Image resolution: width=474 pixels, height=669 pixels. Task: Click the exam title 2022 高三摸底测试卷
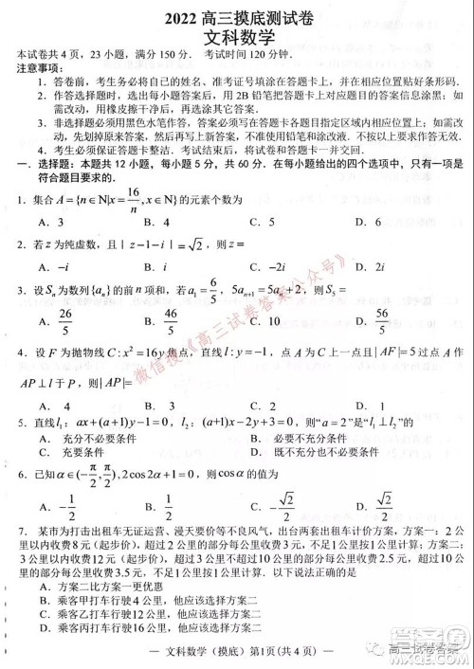click(237, 15)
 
